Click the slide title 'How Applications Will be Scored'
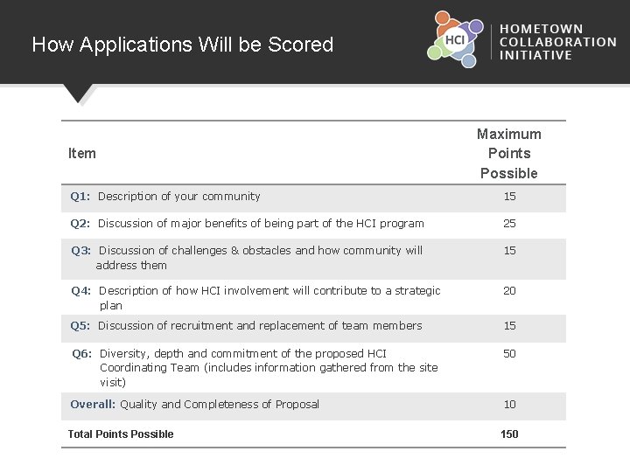click(x=182, y=45)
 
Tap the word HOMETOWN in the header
click(x=541, y=29)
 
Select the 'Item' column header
click(x=82, y=154)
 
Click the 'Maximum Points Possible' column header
click(x=509, y=153)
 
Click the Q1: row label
click(x=82, y=197)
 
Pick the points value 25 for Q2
click(x=509, y=224)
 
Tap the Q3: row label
click(x=83, y=251)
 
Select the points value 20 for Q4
click(x=509, y=291)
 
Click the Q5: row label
click(x=82, y=326)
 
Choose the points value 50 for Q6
click(x=509, y=353)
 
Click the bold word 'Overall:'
click(x=93, y=405)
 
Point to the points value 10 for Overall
click(x=509, y=405)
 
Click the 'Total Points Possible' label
click(x=121, y=434)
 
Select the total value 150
click(x=509, y=434)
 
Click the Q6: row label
click(x=83, y=354)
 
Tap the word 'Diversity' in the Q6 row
click(x=123, y=354)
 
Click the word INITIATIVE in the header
click(x=535, y=55)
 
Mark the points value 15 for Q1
click(x=509, y=197)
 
